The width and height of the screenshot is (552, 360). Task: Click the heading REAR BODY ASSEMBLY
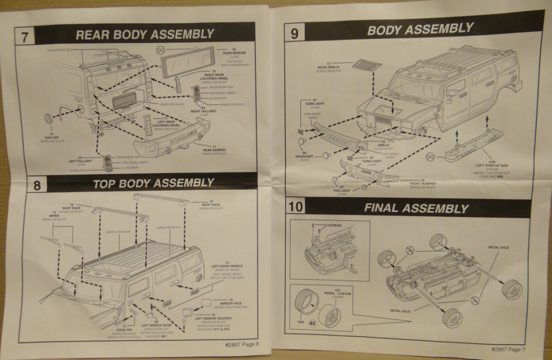[x=145, y=34]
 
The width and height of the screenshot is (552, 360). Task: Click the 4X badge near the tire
[x=312, y=323]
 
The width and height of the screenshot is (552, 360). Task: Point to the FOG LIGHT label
[x=342, y=190]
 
